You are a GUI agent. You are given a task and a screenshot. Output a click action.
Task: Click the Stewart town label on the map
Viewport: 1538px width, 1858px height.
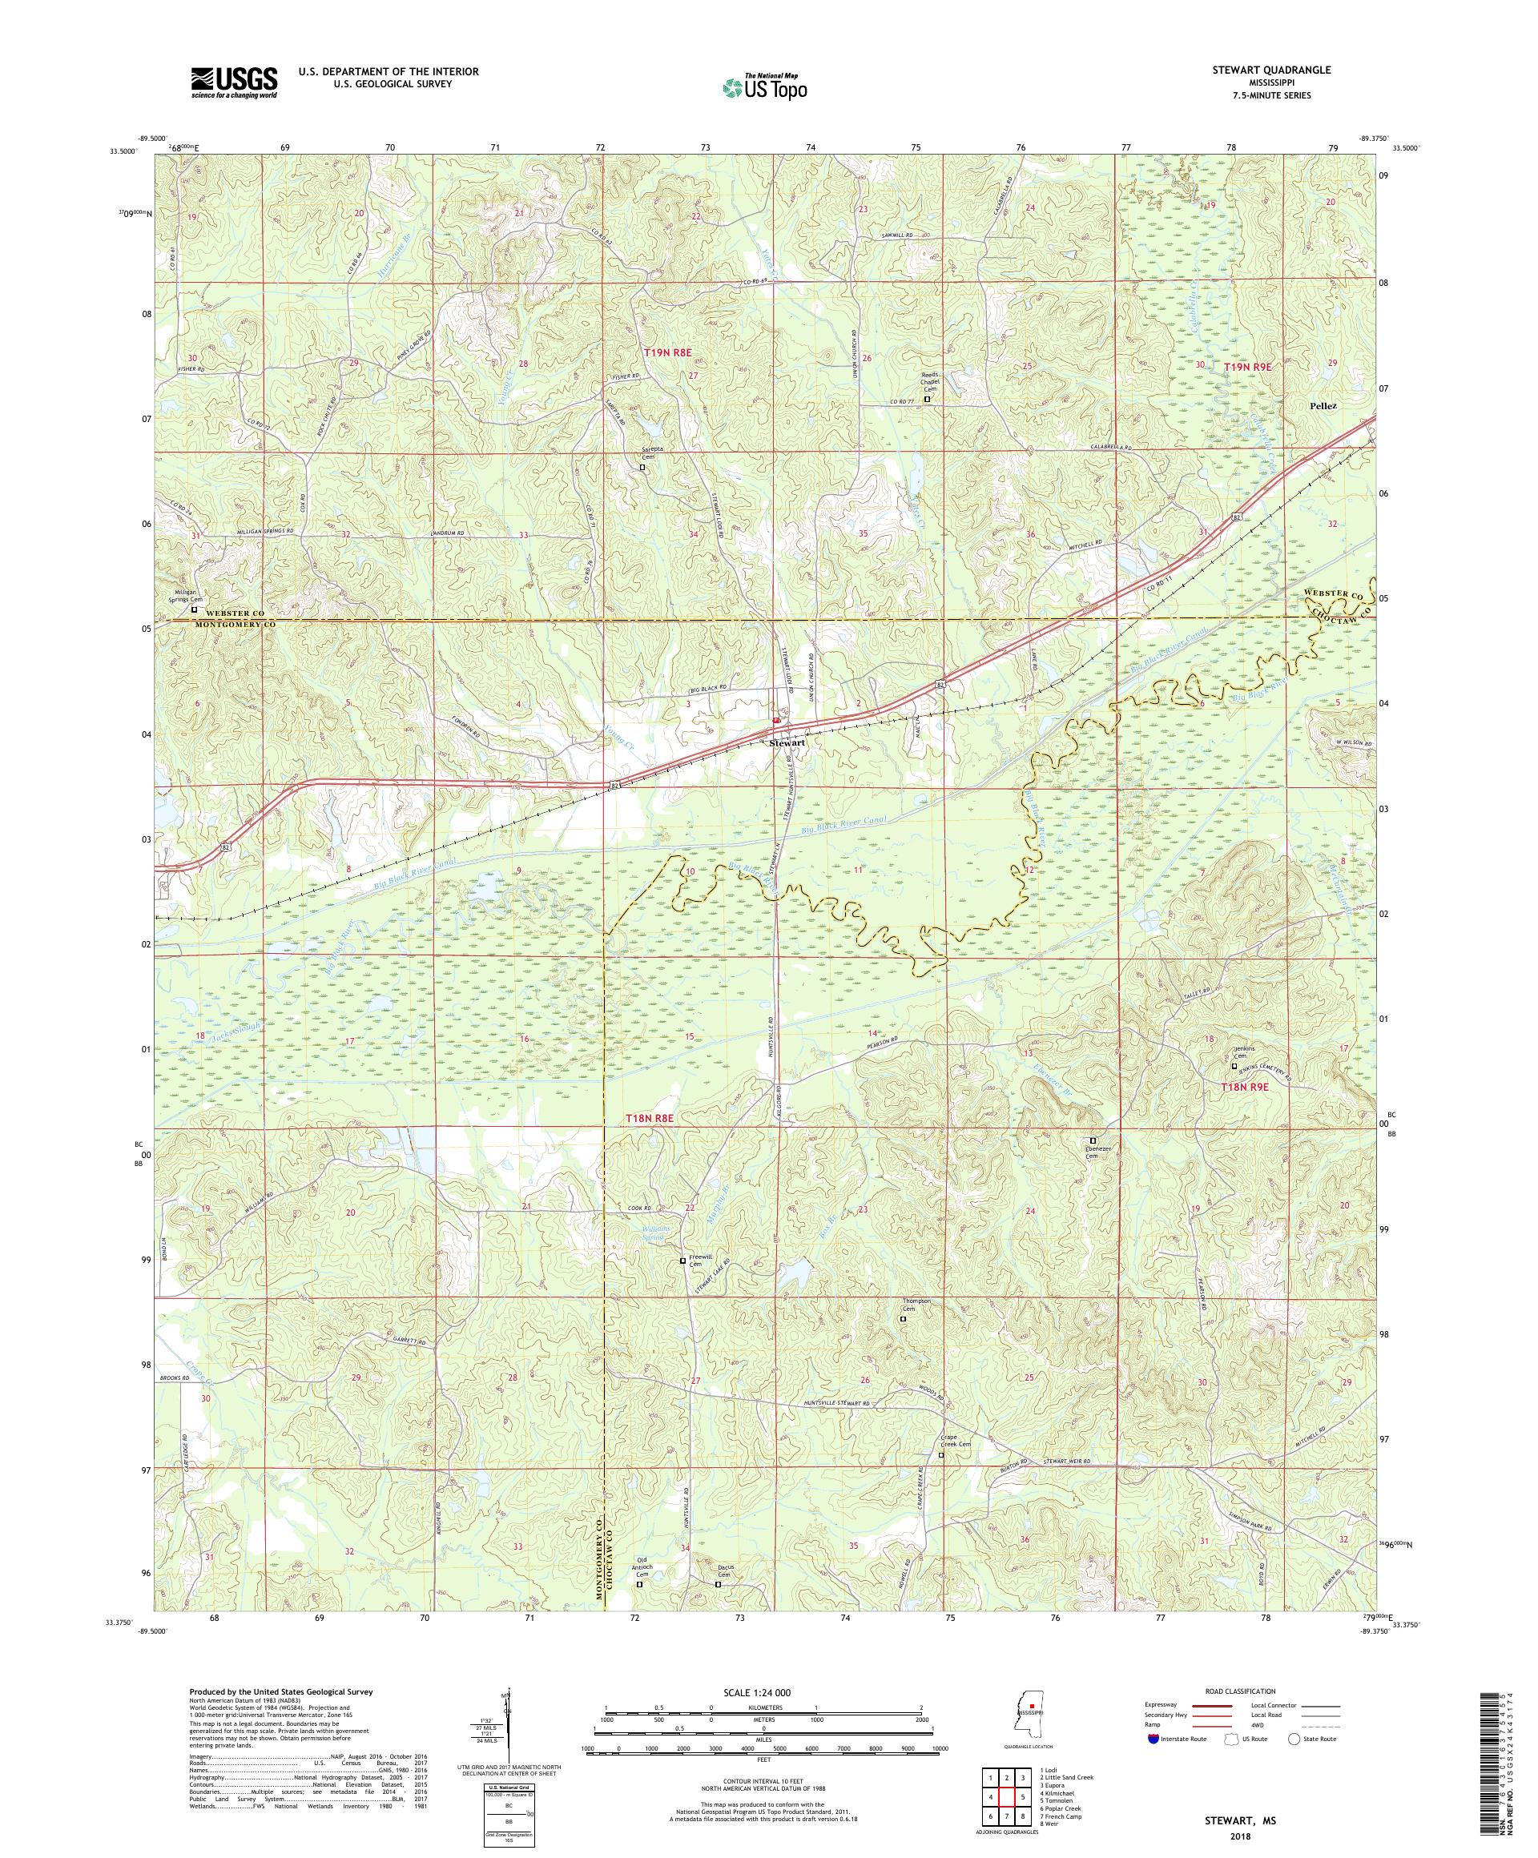tap(786, 743)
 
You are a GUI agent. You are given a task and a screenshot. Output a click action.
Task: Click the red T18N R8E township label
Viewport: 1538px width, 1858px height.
tap(650, 1118)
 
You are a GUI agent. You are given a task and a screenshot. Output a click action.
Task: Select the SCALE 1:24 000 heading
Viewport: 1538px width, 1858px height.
tap(763, 1691)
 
